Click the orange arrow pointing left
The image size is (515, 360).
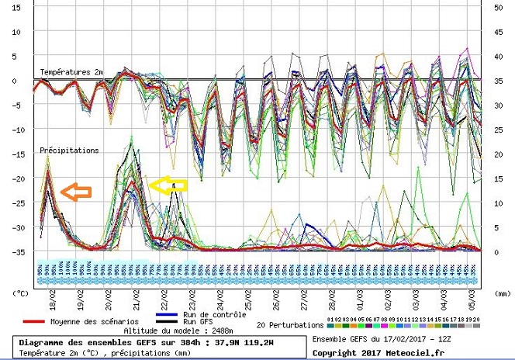[x=75, y=190]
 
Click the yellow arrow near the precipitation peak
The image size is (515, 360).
[x=168, y=185]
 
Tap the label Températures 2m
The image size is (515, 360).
[x=71, y=72]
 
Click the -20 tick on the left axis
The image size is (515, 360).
[x=17, y=178]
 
